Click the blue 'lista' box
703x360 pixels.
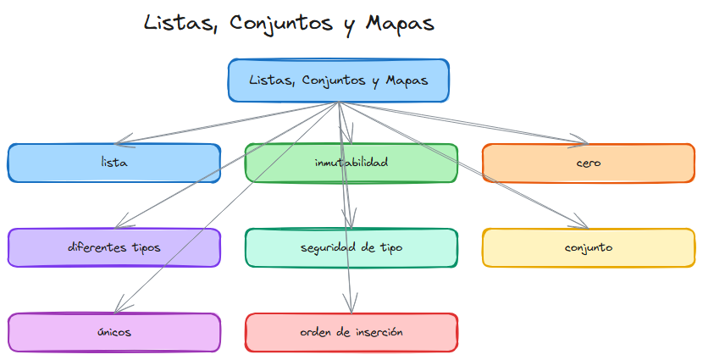click(114, 163)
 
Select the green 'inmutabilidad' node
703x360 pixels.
click(351, 163)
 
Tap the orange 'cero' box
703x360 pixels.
click(589, 163)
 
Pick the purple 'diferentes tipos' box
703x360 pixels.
click(114, 247)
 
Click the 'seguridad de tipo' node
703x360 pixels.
click(351, 247)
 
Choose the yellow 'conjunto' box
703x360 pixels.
click(589, 247)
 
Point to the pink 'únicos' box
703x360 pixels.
click(114, 332)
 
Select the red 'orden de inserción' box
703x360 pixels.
click(351, 332)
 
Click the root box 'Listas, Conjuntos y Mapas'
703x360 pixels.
click(339, 80)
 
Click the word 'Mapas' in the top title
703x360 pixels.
click(400, 23)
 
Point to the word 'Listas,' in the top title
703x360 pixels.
click(178, 23)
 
